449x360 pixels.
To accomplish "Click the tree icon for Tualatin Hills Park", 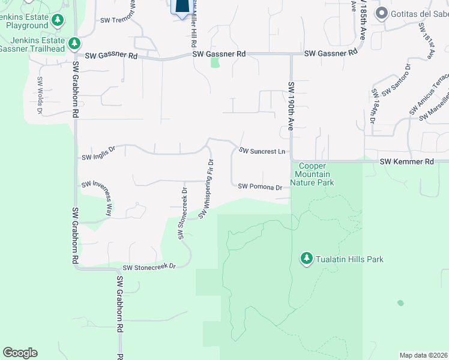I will coord(307,258).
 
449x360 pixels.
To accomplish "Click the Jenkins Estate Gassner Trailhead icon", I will coord(74,43).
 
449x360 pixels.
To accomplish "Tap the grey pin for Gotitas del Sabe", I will coord(381,13).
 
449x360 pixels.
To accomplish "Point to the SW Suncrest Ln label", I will coord(262,151).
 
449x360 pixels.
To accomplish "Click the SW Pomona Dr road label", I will coord(260,187).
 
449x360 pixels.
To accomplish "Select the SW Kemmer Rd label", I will coord(406,162).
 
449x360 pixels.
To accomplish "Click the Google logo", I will coord(20,352).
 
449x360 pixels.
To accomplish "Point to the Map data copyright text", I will coord(423,355).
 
